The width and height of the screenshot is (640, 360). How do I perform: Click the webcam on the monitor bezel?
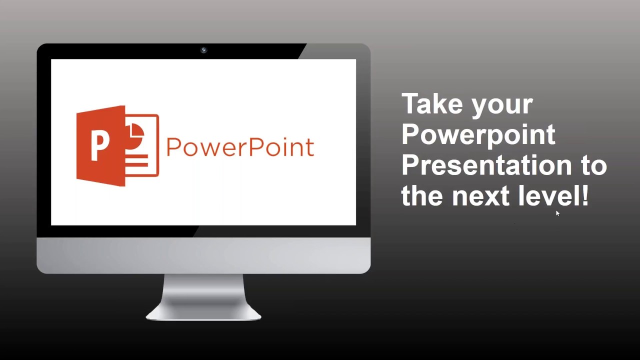click(x=203, y=50)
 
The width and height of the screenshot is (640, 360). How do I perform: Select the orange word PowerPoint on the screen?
click(x=240, y=147)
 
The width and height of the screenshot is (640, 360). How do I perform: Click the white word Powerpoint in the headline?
click(x=478, y=135)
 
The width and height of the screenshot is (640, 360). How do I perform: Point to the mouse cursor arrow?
click(x=557, y=213)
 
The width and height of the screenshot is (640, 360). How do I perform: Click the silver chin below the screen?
click(x=203, y=255)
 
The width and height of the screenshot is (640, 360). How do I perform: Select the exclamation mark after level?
click(x=585, y=195)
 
